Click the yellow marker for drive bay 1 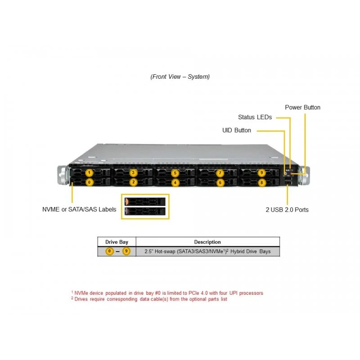pyautogui.click(x=89, y=173)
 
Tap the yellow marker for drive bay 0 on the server pyautogui.click(x=89, y=182)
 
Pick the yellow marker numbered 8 pyautogui.click(x=261, y=183)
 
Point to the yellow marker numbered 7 pyautogui.click(x=220, y=173)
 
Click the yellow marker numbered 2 pyautogui.click(x=133, y=182)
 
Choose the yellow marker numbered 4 pyautogui.click(x=175, y=183)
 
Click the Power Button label pyautogui.click(x=302, y=108)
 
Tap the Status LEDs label pyautogui.click(x=255, y=117)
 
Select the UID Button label pyautogui.click(x=237, y=130)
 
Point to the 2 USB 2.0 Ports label pyautogui.click(x=287, y=210)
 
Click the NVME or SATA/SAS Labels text pyautogui.click(x=79, y=209)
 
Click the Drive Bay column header pyautogui.click(x=117, y=242)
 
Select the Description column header pyautogui.click(x=207, y=242)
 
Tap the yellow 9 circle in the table pyautogui.click(x=126, y=251)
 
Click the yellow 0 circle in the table pyautogui.click(x=109, y=251)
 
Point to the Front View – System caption pyautogui.click(x=180, y=76)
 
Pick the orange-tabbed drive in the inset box pyautogui.click(x=145, y=202)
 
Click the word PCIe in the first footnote pyautogui.click(x=194, y=293)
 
